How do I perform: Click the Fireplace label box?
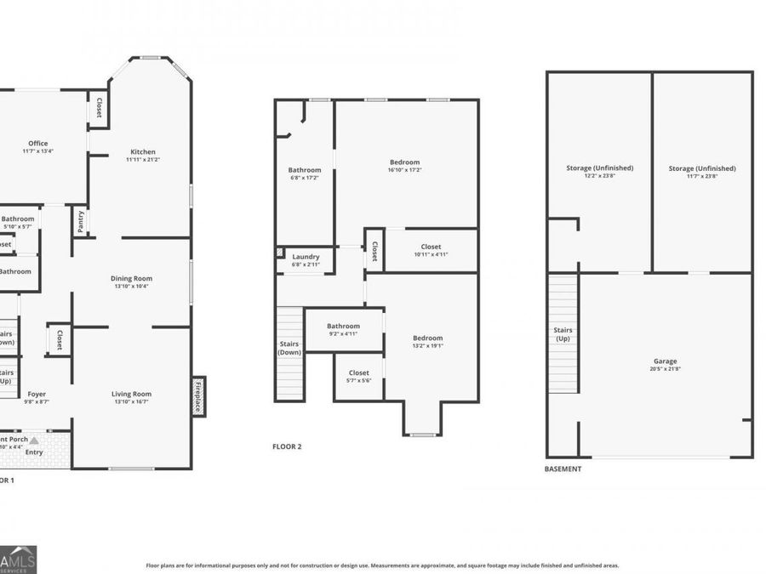tap(198, 396)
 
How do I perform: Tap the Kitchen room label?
tap(142, 152)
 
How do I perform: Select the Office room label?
tap(37, 144)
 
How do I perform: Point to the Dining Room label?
tap(131, 278)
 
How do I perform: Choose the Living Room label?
tap(131, 394)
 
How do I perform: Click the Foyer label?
tap(37, 394)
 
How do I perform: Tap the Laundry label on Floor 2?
tap(306, 257)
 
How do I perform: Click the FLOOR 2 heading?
tap(287, 446)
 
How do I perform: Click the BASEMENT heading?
tap(563, 469)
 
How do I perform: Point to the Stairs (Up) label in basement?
tap(563, 334)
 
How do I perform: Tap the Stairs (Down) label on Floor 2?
tap(289, 348)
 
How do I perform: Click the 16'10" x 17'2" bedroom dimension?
tap(404, 170)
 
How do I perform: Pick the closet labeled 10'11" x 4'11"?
tap(431, 251)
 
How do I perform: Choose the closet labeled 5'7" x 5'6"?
tap(358, 377)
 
